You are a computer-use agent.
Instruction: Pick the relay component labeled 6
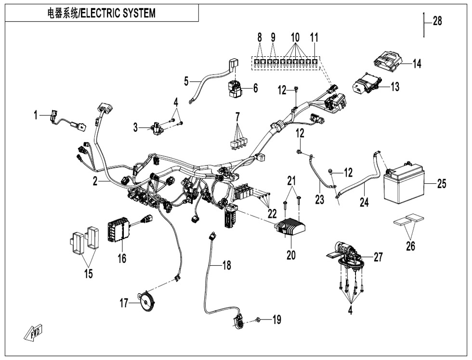pyautogui.click(x=236, y=87)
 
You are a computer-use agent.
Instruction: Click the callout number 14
pyautogui.click(x=416, y=64)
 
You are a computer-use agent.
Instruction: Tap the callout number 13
pyautogui.click(x=395, y=87)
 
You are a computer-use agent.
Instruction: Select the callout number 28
pyautogui.click(x=437, y=21)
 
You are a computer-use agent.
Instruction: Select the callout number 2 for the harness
pyautogui.click(x=96, y=181)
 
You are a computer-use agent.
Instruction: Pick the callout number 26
pyautogui.click(x=410, y=246)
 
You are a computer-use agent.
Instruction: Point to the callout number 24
pyautogui.click(x=364, y=203)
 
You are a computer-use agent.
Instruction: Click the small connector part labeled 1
pyautogui.click(x=54, y=116)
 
